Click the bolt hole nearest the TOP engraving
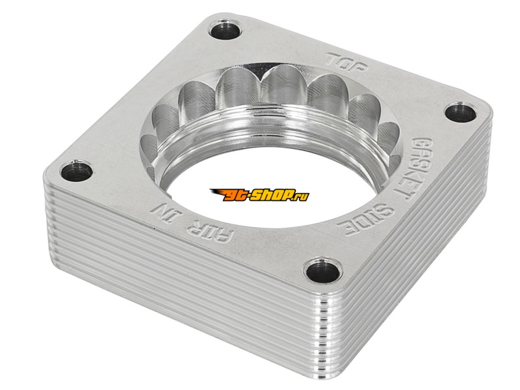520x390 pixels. coord(225,29)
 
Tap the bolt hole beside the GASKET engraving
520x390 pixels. coord(460,112)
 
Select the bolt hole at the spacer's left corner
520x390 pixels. coord(77,171)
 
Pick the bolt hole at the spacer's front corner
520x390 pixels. coord(323,271)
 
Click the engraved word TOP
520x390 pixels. coord(346,62)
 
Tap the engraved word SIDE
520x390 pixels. coord(366,220)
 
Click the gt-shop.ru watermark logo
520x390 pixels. coord(259,195)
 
